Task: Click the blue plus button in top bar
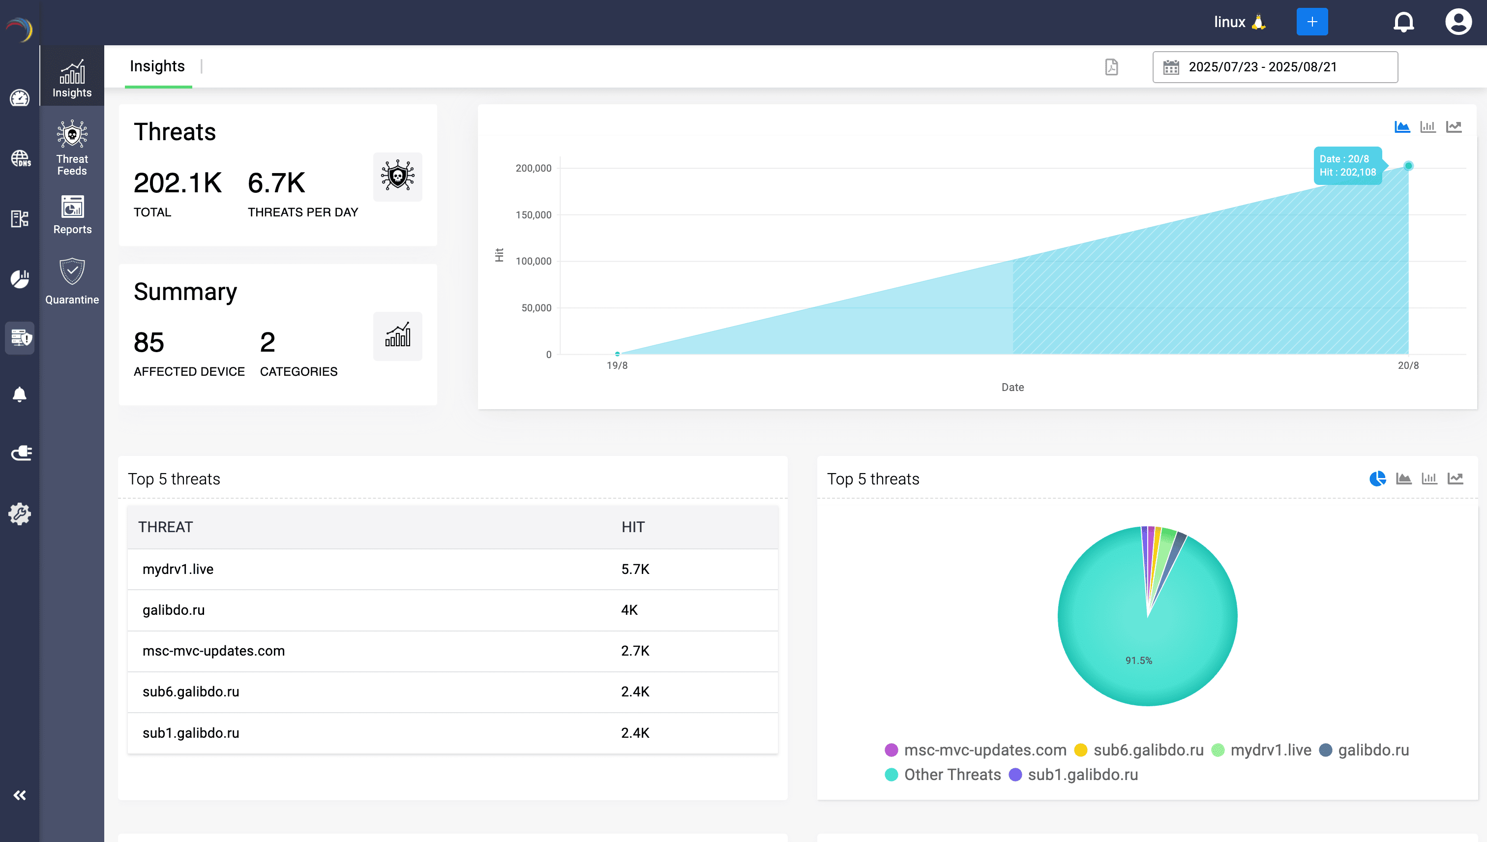point(1311,22)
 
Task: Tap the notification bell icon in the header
point(1403,22)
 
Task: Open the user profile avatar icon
point(1457,22)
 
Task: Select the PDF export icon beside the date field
point(1111,67)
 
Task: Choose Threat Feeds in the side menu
point(72,148)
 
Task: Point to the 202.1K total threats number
point(177,183)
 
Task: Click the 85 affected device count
point(149,342)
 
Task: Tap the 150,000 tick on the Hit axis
point(533,215)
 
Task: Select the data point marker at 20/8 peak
point(1408,166)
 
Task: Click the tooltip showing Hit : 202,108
point(1346,166)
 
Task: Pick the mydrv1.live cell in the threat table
point(178,569)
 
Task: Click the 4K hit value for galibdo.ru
point(628,610)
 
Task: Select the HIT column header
point(632,527)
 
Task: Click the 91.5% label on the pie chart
point(1138,661)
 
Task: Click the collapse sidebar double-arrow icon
point(20,795)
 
